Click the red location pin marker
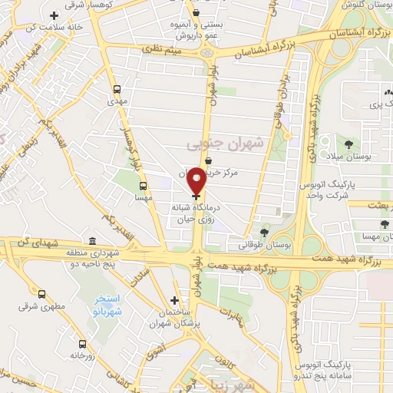pos(196,180)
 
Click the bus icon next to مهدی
pos(117,88)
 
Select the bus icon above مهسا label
pos(143,185)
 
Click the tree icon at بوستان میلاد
pos(349,144)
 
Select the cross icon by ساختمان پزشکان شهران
pos(175,300)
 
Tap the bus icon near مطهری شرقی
pos(41,293)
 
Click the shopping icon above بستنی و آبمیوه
pos(196,12)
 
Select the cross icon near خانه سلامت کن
pos(53,15)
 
